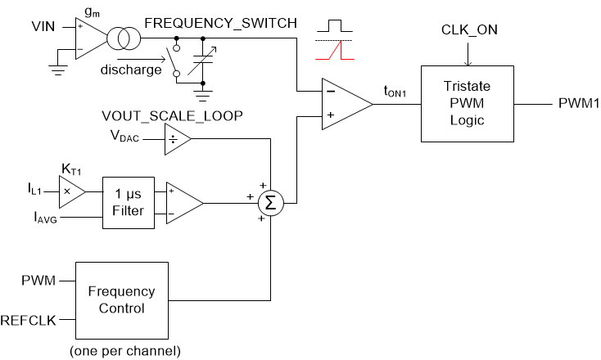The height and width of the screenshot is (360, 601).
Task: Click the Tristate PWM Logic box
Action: pos(466,103)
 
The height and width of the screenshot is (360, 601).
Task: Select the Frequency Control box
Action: pos(121,299)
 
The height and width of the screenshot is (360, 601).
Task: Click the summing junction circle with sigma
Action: pos(270,201)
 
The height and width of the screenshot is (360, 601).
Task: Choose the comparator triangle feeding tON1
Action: pos(342,103)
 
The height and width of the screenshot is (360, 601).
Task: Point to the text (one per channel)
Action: pos(121,349)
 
